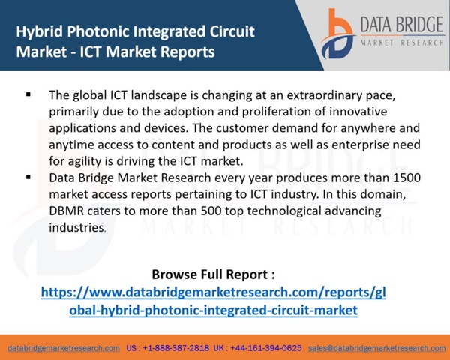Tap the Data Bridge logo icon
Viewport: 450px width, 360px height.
(x=338, y=34)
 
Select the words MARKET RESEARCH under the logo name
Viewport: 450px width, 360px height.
(x=402, y=43)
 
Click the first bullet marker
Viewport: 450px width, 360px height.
(x=28, y=94)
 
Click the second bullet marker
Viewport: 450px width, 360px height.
(x=28, y=177)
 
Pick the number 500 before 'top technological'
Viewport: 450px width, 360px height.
(x=211, y=211)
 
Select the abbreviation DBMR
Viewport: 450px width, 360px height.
(x=66, y=211)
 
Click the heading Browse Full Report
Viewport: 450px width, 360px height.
(x=213, y=274)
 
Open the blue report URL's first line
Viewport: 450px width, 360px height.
(x=213, y=292)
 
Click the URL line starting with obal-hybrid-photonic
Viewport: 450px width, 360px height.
(x=213, y=310)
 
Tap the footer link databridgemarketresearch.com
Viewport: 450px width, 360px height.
(x=64, y=348)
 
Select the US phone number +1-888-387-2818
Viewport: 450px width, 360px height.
(x=176, y=348)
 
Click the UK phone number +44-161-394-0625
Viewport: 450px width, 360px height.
(x=266, y=348)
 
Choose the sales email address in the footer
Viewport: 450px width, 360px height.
(x=376, y=348)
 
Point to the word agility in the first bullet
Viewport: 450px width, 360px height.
(x=85, y=162)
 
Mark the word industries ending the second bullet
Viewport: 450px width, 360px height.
(x=76, y=228)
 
